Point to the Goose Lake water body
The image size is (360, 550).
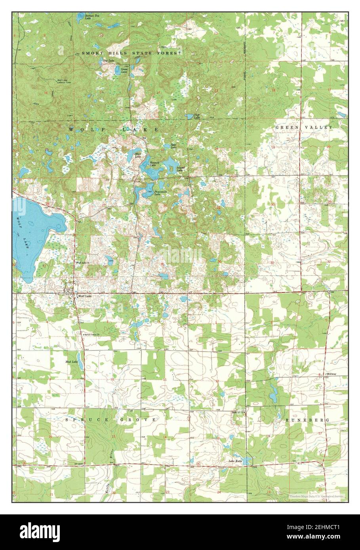pos(118,70)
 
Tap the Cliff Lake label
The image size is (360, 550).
pos(197,117)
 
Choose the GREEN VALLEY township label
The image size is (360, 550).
pos(304,127)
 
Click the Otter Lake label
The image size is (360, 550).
pos(137,155)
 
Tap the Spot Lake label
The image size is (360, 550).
pos(173,146)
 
